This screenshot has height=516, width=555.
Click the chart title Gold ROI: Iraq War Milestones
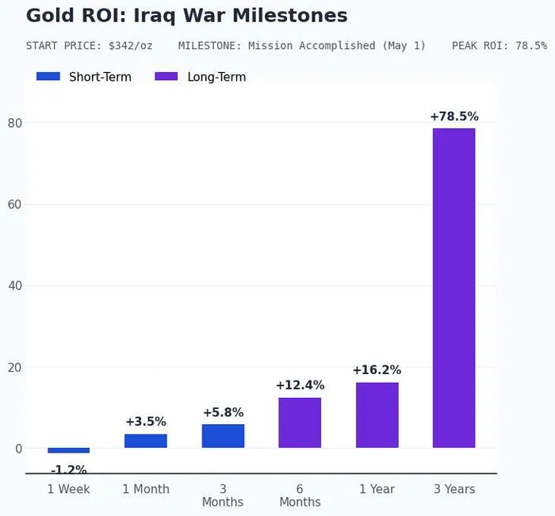186,16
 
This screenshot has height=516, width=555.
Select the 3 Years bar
454,288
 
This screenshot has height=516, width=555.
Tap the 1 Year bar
377,415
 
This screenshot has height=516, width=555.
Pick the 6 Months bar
300,422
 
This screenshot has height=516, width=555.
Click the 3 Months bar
223,436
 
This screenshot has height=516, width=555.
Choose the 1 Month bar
146,441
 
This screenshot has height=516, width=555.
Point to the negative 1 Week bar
69,450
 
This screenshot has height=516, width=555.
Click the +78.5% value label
454,117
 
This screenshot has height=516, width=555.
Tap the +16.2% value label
377,370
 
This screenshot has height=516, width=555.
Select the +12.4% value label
300,385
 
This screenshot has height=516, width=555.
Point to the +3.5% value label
146,422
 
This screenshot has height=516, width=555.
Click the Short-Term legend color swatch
48,77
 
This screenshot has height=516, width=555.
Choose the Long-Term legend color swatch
166,77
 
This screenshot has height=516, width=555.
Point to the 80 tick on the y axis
15,123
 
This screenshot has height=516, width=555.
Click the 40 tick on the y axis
15,285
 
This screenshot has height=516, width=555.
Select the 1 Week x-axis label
69,489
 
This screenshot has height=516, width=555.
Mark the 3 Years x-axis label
454,489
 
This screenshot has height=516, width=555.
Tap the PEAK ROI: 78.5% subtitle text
499,46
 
